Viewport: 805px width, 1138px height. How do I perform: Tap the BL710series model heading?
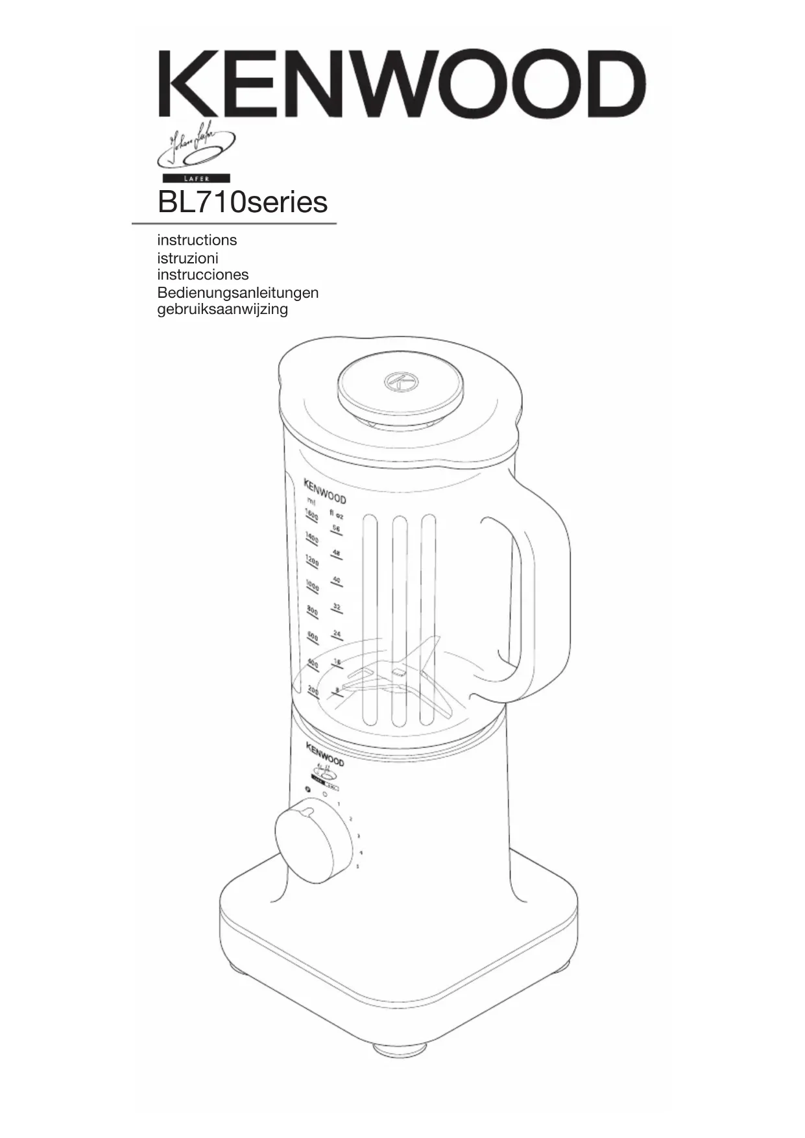(x=243, y=202)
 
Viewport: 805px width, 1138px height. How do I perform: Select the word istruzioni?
(x=187, y=258)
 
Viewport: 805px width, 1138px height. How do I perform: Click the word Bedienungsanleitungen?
(x=237, y=292)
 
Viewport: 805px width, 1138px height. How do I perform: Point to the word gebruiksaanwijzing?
(x=222, y=309)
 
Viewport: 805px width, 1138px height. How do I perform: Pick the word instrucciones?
(x=202, y=274)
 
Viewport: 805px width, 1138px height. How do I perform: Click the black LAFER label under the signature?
(x=195, y=178)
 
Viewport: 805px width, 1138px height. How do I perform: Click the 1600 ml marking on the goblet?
(x=311, y=516)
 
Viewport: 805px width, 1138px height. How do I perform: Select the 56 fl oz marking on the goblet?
(x=336, y=529)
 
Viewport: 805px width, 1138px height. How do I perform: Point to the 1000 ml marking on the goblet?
(x=312, y=586)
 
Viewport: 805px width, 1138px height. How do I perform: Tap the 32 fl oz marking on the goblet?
(x=336, y=607)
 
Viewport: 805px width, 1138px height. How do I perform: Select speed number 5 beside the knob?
(x=357, y=866)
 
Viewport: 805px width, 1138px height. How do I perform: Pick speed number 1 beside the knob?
(x=339, y=804)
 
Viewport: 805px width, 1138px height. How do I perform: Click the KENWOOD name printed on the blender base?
(x=325, y=754)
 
